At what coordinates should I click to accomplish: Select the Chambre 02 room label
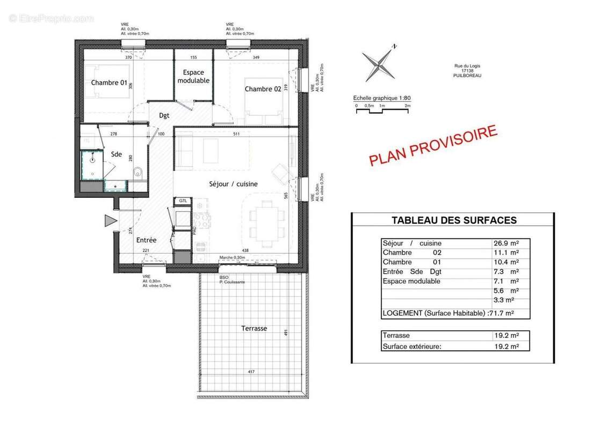pos(263,89)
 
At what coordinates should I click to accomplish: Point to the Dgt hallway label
pos(164,115)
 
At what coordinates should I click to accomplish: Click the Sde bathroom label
pos(117,154)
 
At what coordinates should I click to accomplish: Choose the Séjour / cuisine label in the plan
pos(233,184)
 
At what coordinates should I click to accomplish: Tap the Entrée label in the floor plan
pos(146,240)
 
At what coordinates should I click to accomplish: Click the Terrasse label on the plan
pos(254,328)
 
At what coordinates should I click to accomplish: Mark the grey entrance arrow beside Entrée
pos(110,220)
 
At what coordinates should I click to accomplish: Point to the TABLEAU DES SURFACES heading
pos(454,220)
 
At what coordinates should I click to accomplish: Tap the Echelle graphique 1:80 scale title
pos(381,98)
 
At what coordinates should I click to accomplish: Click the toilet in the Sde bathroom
pos(138,172)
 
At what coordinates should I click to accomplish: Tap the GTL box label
pos(183,201)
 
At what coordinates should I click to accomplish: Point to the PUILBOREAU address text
pos(467,76)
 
